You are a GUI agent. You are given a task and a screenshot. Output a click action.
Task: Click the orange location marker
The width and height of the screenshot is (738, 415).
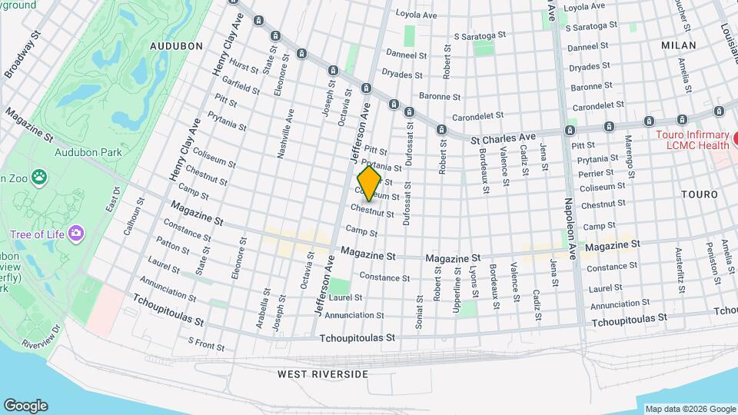pyautogui.click(x=370, y=183)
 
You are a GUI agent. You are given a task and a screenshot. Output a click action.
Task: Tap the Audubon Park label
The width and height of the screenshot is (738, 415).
pyautogui.click(x=88, y=152)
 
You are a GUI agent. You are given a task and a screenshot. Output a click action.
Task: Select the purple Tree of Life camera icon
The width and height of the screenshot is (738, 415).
pyautogui.click(x=75, y=233)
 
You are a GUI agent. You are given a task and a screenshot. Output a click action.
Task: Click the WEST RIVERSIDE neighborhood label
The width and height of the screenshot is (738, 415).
pyautogui.click(x=323, y=374)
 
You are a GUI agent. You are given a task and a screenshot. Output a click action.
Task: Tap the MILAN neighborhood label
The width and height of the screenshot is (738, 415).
pyautogui.click(x=678, y=45)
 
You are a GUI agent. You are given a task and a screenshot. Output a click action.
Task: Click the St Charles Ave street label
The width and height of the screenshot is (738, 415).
pyautogui.click(x=502, y=137)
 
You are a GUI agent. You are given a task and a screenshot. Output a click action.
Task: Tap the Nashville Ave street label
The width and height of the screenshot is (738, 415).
pyautogui.click(x=285, y=133)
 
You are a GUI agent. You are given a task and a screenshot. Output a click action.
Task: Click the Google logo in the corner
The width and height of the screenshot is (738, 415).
pyautogui.click(x=25, y=406)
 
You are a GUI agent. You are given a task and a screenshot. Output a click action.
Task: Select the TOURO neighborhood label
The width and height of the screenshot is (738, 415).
pyautogui.click(x=699, y=195)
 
